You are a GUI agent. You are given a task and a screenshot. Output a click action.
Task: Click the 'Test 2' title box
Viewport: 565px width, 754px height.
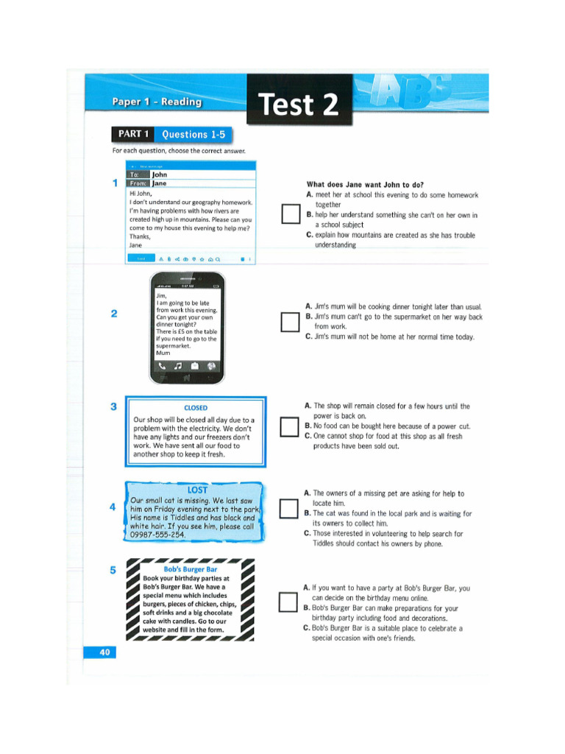pos(299,104)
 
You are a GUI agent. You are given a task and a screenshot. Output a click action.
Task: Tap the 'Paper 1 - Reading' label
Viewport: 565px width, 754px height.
pos(157,102)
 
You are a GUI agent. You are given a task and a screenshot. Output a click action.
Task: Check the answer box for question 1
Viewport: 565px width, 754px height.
pos(288,214)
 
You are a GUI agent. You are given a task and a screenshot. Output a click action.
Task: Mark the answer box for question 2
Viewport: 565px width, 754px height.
pos(288,321)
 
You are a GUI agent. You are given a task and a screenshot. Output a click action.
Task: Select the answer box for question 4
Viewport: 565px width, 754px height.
pos(288,512)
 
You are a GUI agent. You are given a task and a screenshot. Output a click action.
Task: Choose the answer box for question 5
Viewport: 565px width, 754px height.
pos(288,602)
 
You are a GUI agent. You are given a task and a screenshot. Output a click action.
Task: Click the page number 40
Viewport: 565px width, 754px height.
pos(102,652)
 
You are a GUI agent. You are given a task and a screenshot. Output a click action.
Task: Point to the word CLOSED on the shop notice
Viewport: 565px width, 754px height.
pos(196,407)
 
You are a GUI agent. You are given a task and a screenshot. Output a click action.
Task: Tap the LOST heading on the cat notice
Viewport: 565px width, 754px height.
pos(197,490)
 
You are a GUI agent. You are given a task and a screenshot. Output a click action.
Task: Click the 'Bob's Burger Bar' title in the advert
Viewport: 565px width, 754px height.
pos(191,569)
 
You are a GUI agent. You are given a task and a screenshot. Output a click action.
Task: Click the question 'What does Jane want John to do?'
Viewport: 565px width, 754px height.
pos(365,185)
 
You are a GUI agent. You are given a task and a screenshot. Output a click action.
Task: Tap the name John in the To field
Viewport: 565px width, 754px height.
pos(160,175)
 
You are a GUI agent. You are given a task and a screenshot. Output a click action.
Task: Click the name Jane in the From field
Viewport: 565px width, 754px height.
pos(160,183)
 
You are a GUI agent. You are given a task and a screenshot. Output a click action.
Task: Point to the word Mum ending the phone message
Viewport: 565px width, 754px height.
pos(163,353)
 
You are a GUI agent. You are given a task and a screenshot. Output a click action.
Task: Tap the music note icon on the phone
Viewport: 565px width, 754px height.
pos(177,366)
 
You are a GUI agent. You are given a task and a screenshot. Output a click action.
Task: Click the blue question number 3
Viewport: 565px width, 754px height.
pos(113,406)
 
